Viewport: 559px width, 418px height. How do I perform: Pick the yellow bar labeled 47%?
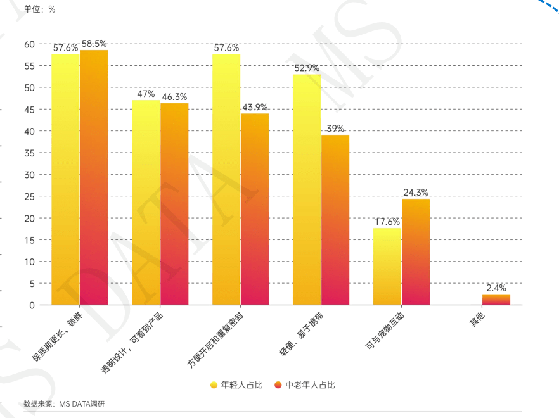pos(146,202)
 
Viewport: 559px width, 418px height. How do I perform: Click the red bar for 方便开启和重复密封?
pos(255,209)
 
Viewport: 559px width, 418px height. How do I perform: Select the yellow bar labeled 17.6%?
pos(387,267)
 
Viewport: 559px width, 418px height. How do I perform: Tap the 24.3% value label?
pos(416,193)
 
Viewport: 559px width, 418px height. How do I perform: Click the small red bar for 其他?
pos(496,300)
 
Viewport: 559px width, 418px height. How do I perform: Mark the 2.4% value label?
pos(496,288)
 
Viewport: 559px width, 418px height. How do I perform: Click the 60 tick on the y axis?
pos(29,44)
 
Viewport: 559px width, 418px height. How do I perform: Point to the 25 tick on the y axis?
pos(29,196)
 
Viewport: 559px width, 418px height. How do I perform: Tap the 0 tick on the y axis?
pos(32,305)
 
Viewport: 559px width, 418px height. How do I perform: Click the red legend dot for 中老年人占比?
pos(278,385)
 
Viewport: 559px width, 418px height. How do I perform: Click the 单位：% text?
pos(39,9)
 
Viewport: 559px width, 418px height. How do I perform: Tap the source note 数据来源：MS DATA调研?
pos(64,404)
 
